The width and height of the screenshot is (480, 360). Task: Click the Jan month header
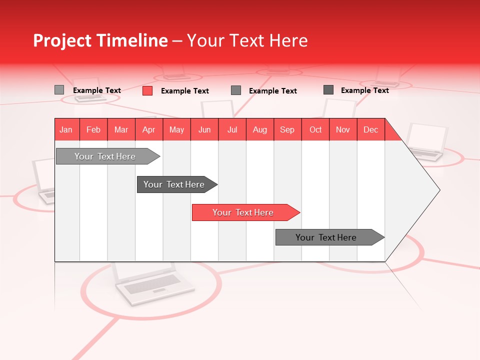[x=66, y=129]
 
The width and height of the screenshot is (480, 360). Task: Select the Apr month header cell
[x=148, y=129]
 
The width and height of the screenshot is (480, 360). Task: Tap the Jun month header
[x=204, y=129]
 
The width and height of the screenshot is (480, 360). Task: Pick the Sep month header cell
[x=287, y=129]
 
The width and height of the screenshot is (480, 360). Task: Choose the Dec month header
[x=370, y=129]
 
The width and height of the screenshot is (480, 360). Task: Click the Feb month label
[x=93, y=129]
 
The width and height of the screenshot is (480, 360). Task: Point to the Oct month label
[x=315, y=129]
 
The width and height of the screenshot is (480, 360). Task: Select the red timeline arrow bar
[x=245, y=212]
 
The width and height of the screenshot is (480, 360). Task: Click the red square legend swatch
[x=147, y=90]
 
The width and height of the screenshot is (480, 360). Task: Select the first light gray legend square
[x=59, y=90]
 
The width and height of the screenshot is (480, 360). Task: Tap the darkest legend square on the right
[x=328, y=90]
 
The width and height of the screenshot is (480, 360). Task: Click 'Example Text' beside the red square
[x=184, y=91]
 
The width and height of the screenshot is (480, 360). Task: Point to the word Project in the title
[x=62, y=41]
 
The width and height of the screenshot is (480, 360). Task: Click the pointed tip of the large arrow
[x=438, y=190]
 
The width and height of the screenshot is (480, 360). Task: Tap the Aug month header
[x=259, y=129]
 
